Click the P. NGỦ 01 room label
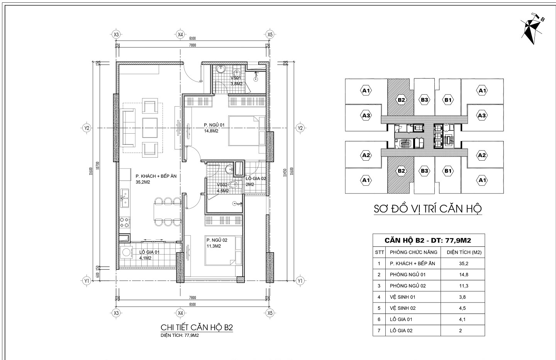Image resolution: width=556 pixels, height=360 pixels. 214,125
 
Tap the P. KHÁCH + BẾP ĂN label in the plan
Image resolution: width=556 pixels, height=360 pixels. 156,176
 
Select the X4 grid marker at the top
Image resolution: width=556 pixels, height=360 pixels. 180,34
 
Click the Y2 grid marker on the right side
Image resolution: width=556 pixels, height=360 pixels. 300,128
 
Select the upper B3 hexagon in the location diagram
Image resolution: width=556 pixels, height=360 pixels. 425,100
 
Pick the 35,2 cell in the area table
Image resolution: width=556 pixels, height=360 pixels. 463,263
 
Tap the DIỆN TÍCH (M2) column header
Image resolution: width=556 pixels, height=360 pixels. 463,252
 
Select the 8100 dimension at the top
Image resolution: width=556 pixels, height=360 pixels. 193,38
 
